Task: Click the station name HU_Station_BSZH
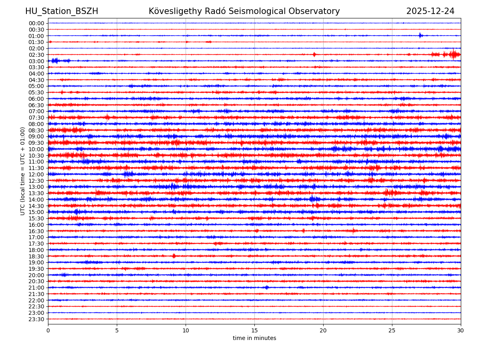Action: coord(62,12)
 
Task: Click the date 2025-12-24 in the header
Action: coord(430,12)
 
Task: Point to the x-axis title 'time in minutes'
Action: coord(254,338)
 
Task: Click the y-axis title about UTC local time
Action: coord(23,171)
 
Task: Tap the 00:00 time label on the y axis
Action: coord(36,23)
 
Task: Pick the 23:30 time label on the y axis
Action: coord(36,319)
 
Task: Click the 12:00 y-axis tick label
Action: coord(36,174)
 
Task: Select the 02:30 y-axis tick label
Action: coord(36,55)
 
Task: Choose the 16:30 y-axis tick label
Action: coord(36,231)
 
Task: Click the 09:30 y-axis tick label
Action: coord(36,143)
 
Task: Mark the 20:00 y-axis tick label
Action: coord(36,275)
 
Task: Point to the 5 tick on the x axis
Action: coord(117,330)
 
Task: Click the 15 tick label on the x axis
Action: coord(254,330)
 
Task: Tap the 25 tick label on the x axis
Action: coord(392,330)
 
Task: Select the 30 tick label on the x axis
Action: coord(461,330)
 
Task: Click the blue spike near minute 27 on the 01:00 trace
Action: coord(420,35)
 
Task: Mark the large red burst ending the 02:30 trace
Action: coord(454,54)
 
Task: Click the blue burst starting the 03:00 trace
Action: coord(55,61)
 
